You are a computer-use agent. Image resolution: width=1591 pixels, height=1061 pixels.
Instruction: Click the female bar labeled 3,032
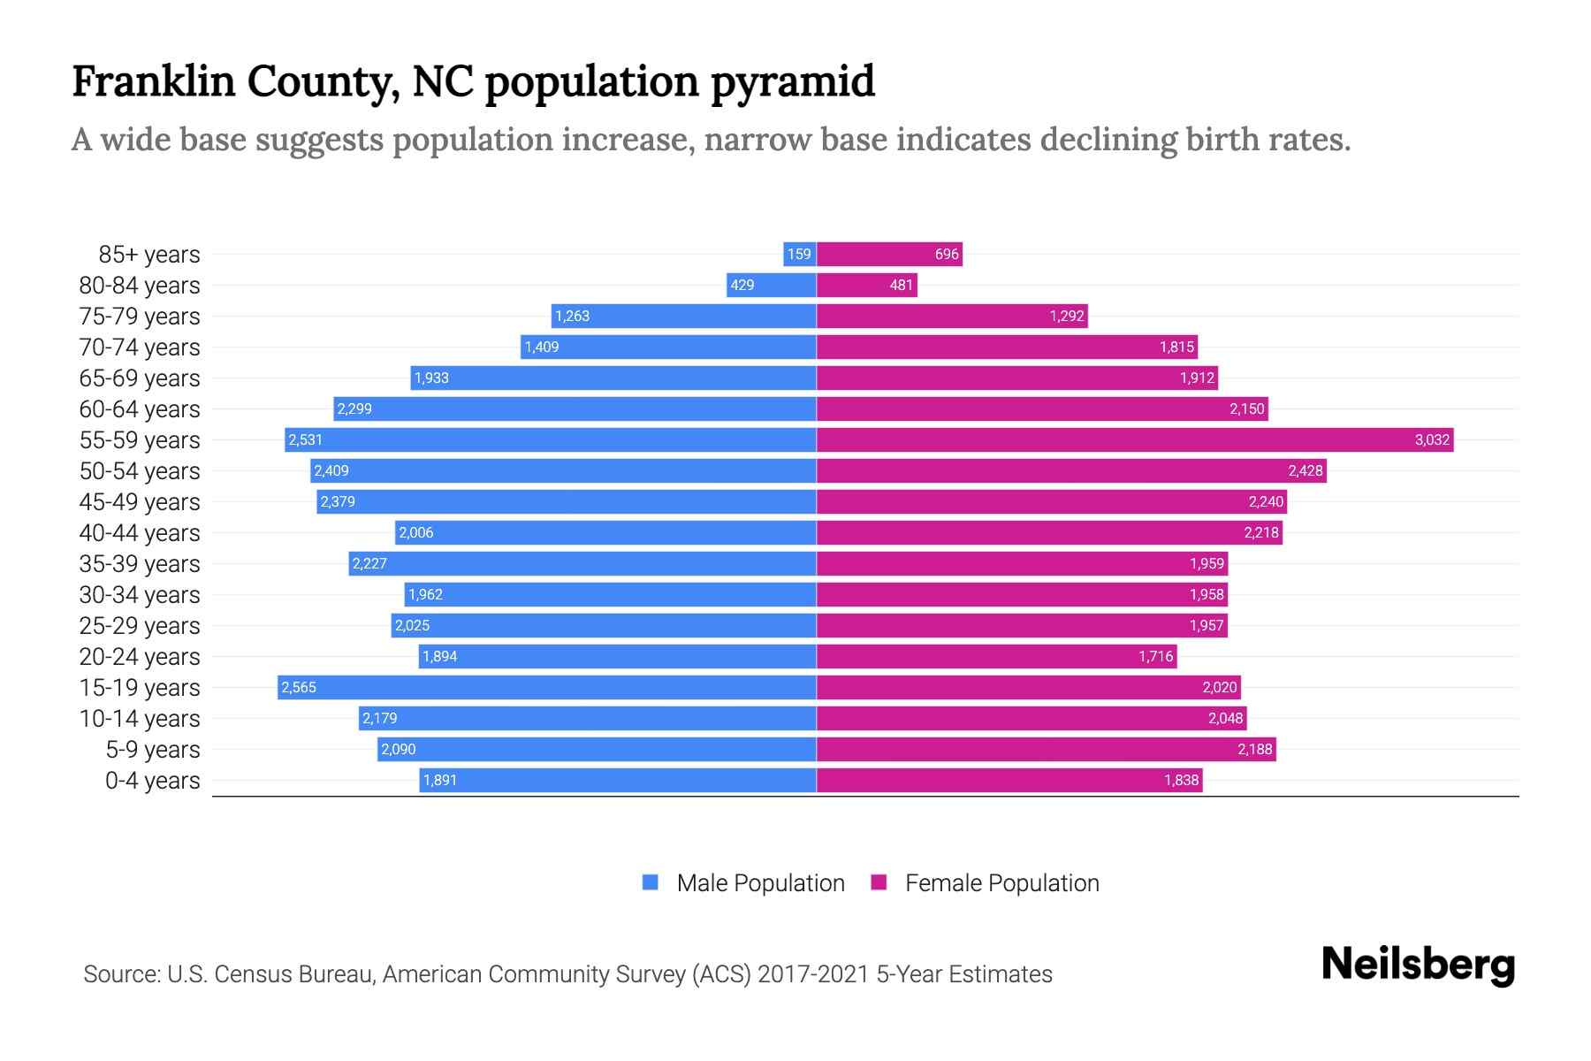click(x=1135, y=439)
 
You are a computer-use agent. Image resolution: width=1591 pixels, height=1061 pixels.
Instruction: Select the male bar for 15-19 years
click(x=546, y=687)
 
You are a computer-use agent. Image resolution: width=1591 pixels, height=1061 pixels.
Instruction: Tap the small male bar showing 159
click(x=799, y=254)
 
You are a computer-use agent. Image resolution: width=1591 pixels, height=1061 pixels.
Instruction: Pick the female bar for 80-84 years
click(x=866, y=285)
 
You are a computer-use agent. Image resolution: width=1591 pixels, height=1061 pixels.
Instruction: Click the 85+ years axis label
click(x=148, y=255)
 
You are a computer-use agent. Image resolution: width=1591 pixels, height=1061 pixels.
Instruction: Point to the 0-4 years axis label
click(x=152, y=781)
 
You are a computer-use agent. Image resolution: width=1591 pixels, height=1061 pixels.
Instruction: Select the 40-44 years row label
click(x=140, y=533)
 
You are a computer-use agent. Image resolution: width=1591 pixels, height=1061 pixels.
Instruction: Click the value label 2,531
click(x=306, y=439)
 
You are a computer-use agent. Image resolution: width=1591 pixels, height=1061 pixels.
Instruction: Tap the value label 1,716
click(x=1155, y=656)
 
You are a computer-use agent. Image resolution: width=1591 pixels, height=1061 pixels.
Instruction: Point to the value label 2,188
click(x=1254, y=749)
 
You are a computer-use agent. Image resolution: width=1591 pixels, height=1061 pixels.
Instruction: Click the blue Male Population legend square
click(x=651, y=882)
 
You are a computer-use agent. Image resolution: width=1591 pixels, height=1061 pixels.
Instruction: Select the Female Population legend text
click(x=1001, y=883)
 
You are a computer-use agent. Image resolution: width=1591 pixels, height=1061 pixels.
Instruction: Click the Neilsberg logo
click(x=1418, y=965)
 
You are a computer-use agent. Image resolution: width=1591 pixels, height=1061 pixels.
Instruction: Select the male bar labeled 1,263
click(x=683, y=316)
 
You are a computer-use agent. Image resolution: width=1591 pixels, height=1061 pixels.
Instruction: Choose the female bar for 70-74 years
click(x=1006, y=347)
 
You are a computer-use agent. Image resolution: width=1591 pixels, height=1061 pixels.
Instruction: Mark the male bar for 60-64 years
click(x=575, y=408)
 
